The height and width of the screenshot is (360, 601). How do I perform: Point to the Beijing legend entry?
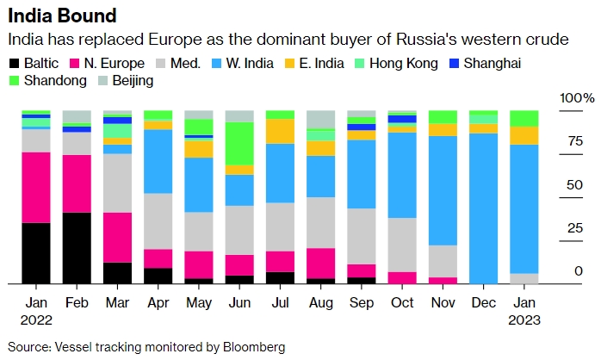coord(124,81)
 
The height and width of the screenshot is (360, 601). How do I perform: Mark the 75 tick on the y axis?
coord(573,142)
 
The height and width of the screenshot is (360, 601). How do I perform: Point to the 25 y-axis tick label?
coord(573,228)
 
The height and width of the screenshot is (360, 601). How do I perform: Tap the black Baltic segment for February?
coord(77,248)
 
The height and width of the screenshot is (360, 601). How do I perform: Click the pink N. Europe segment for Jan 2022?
coord(35,187)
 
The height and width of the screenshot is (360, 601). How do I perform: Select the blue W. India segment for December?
coord(483,208)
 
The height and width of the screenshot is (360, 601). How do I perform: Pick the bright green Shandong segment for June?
coord(239,143)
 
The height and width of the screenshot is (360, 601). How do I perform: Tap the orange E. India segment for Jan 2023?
coord(524,135)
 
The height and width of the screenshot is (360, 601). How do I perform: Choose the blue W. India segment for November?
coord(443,190)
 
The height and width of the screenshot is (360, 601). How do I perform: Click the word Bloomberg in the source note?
coord(250,347)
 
